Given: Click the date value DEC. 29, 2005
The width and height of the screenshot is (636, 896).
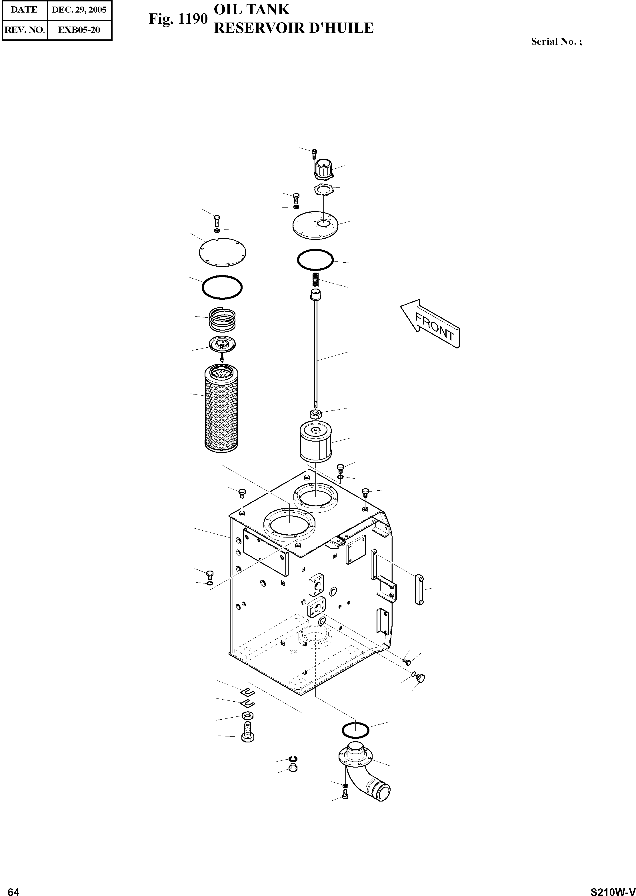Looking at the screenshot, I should click(x=79, y=10).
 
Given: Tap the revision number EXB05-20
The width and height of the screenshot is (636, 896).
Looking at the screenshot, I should click(x=79, y=30).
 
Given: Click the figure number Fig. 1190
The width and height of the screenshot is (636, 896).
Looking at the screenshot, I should click(x=177, y=19).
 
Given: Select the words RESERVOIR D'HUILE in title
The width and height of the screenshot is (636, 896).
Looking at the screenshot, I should click(x=294, y=28).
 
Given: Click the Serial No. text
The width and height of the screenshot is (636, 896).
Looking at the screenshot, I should click(x=556, y=41).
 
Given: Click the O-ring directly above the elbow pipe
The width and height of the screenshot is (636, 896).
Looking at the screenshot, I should click(x=355, y=729).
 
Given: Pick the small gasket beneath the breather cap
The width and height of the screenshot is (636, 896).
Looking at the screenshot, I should click(x=323, y=190).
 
